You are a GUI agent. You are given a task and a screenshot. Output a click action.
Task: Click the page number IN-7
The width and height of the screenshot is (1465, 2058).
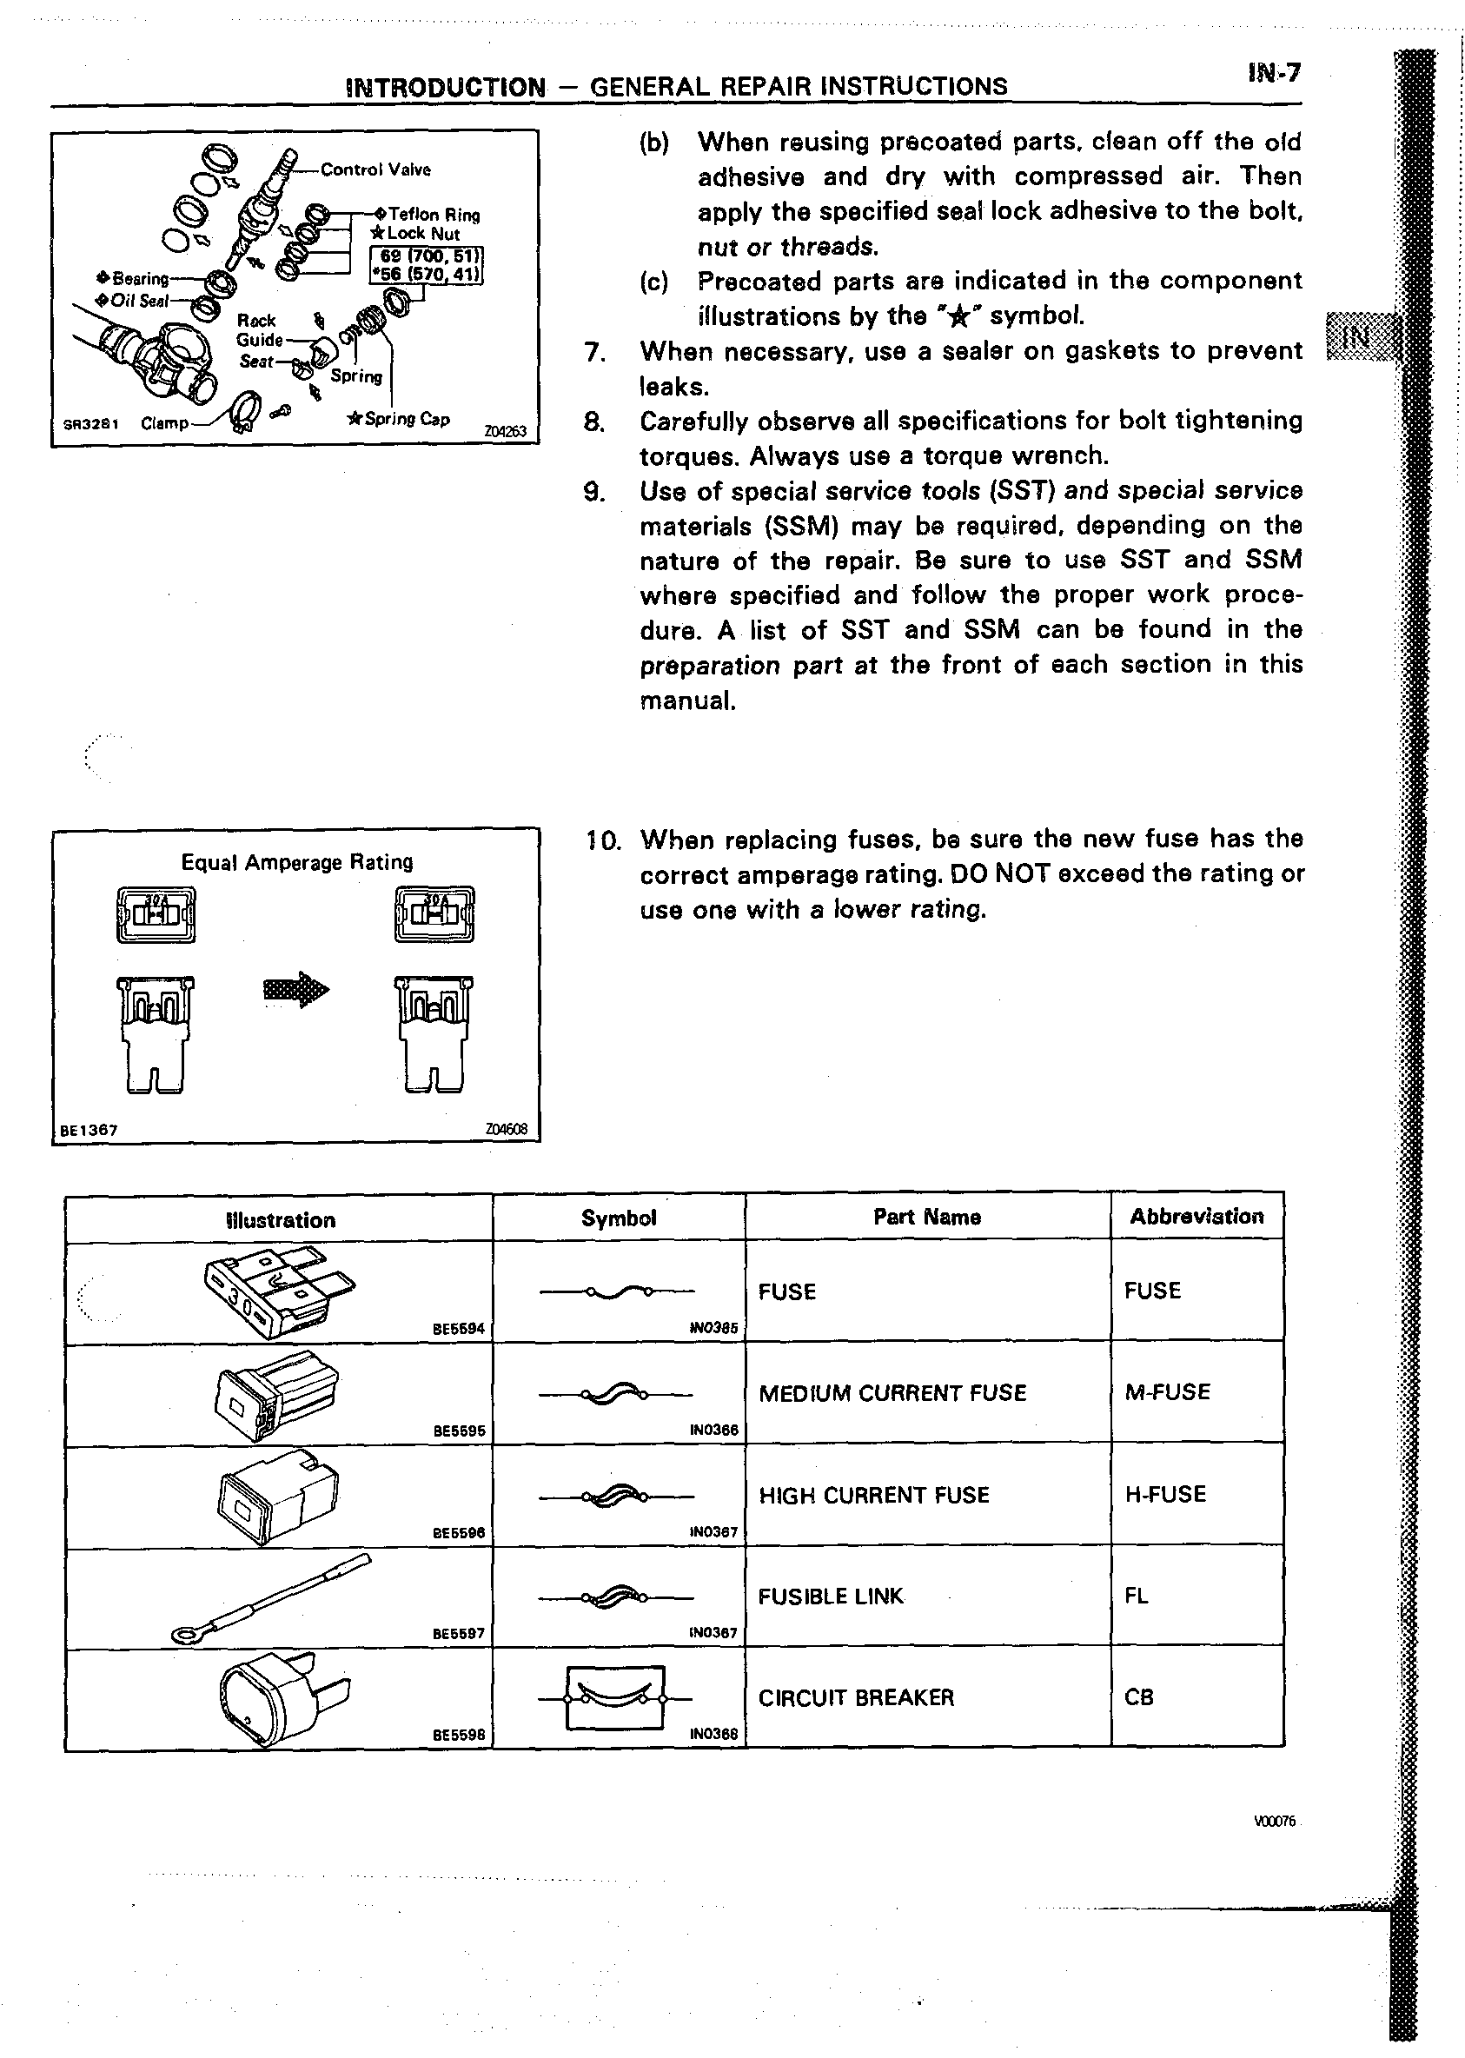(1274, 73)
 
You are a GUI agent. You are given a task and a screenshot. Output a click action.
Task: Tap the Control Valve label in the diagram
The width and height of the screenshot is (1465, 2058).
(375, 169)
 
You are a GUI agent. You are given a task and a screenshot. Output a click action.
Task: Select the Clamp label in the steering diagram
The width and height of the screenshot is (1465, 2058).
(165, 423)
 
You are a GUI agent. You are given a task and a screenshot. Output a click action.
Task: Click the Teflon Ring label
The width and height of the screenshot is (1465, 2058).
(428, 215)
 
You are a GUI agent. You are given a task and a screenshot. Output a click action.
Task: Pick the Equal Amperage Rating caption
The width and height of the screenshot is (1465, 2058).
(297, 861)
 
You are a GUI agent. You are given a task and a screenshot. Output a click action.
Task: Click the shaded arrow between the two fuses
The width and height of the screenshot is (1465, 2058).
(296, 991)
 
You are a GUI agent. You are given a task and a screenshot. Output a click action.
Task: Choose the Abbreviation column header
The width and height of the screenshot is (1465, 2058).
(1197, 1216)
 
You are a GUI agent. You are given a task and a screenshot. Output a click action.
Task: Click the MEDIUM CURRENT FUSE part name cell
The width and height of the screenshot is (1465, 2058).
(892, 1393)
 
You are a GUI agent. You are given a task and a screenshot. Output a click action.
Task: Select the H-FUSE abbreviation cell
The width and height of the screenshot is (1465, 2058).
(1164, 1494)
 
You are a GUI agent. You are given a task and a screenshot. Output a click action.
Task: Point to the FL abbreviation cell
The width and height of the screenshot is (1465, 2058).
(1136, 1595)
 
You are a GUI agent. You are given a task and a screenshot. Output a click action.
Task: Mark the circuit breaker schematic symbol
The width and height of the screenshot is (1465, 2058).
(615, 1697)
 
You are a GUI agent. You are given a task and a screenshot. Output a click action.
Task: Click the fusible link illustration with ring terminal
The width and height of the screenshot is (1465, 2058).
(270, 1597)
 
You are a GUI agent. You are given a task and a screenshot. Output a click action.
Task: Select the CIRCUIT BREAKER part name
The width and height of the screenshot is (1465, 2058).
(855, 1697)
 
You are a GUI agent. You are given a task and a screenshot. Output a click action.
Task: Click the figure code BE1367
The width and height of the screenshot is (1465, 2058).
(89, 1130)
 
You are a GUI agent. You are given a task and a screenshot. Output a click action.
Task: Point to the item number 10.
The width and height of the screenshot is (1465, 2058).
(603, 841)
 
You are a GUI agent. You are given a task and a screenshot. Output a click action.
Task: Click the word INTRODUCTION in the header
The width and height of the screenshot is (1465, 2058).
(446, 87)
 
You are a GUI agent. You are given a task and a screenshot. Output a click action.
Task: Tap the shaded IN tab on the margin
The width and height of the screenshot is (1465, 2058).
(1357, 336)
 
